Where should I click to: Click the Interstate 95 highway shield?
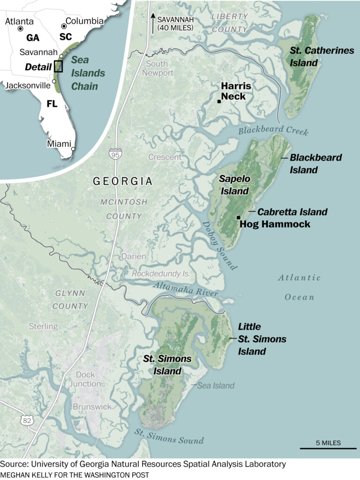pos(114,153)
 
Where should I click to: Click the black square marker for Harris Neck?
pos(219,101)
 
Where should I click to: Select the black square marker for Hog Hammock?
pos(238,217)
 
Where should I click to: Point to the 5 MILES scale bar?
pos(328,449)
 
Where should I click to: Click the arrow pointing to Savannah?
pos(153,20)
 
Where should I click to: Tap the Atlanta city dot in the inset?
pos(20,29)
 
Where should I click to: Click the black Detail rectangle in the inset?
pos(59,66)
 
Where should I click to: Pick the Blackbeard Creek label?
pos(273,131)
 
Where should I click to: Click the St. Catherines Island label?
pos(322,57)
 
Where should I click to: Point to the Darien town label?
pos(134,257)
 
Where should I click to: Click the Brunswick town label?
pos(92,406)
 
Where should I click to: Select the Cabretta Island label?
pos(292,212)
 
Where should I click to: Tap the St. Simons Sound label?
pos(170,436)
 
